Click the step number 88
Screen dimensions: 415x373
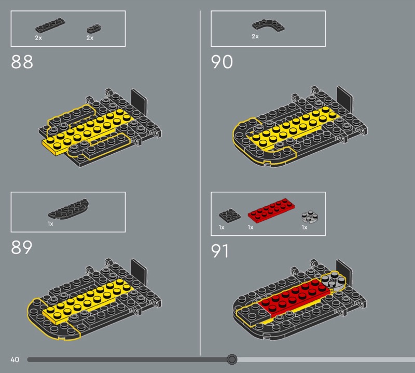click(x=22, y=62)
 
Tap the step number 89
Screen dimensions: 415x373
click(x=22, y=247)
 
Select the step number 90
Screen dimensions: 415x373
click(x=222, y=62)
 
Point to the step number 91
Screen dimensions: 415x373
click(x=219, y=251)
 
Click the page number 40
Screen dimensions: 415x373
click(x=15, y=359)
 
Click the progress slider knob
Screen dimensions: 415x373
click(x=232, y=359)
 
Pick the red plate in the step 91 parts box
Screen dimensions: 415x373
click(x=271, y=210)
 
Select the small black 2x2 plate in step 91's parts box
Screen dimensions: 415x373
click(x=230, y=215)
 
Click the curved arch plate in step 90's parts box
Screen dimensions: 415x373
click(x=268, y=25)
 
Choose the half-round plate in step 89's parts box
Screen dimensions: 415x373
click(x=68, y=209)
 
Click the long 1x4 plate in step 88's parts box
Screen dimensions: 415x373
click(x=50, y=25)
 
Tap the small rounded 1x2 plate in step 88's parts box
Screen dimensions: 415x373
click(x=94, y=28)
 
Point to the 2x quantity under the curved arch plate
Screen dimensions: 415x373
click(x=255, y=36)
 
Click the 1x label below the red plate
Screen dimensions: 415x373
click(x=251, y=228)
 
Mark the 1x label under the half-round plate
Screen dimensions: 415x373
click(x=50, y=224)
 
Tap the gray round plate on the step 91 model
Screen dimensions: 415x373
click(x=333, y=279)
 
